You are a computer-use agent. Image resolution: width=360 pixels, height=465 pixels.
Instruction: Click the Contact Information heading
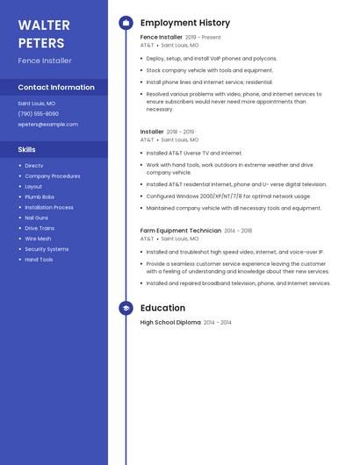click(56, 88)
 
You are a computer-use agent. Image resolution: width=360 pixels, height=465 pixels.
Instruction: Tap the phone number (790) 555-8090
click(38, 114)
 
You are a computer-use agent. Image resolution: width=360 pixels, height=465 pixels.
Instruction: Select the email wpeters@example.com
click(47, 125)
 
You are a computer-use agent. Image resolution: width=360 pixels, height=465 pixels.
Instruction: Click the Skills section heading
click(27, 149)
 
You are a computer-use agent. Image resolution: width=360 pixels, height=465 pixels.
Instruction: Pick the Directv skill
click(34, 166)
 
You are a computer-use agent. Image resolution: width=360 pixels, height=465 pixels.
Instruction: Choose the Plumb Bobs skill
click(40, 197)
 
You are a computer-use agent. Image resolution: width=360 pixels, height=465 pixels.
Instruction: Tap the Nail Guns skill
click(37, 218)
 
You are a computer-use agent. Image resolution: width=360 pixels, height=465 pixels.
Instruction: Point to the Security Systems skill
click(47, 249)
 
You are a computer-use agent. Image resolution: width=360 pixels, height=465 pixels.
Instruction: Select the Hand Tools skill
click(39, 260)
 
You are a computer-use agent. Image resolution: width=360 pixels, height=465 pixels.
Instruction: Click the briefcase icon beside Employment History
click(126, 23)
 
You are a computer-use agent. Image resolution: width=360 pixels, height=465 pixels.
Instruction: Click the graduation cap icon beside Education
click(126, 308)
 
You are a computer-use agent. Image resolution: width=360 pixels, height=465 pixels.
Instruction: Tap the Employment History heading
click(185, 23)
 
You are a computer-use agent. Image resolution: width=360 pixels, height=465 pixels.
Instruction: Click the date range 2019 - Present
click(203, 38)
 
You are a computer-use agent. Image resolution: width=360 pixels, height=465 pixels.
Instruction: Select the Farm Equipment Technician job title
click(181, 231)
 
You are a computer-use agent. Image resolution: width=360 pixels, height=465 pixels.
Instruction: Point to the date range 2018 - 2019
click(180, 132)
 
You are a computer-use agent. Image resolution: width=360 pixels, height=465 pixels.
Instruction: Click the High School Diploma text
click(170, 323)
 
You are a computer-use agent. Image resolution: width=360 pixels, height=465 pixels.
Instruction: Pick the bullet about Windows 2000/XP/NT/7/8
click(228, 197)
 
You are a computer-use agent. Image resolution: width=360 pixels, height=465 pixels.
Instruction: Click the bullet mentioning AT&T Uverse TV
click(194, 153)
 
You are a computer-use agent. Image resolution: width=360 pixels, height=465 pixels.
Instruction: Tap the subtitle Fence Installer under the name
click(45, 61)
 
